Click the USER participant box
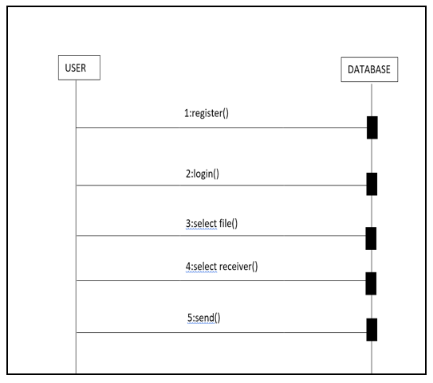(x=79, y=68)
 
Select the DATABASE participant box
(x=369, y=69)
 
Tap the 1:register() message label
(x=207, y=113)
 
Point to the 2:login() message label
(x=203, y=174)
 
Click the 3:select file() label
(x=211, y=224)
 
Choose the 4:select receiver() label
(x=222, y=267)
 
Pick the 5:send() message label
(x=204, y=318)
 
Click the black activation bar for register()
(x=372, y=127)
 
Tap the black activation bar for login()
(x=372, y=184)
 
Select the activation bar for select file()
(x=371, y=239)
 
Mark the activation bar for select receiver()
(x=371, y=283)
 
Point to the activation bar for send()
(x=372, y=330)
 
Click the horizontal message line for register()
(x=222, y=128)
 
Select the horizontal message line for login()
(x=222, y=186)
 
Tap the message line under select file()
(x=221, y=236)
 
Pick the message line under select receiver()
(x=221, y=281)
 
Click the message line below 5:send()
(x=222, y=333)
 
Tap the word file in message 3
(x=226, y=223)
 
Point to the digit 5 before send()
(x=190, y=318)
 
